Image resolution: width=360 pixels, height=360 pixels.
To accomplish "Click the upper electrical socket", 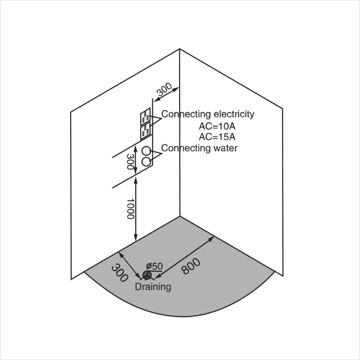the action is [145, 116].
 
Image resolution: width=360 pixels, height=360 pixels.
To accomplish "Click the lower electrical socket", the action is [145, 131].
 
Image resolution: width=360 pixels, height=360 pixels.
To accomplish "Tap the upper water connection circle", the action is [146, 151].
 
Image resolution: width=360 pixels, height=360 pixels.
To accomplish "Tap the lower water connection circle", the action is [146, 161].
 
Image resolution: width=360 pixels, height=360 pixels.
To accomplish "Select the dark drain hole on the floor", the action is [147, 275].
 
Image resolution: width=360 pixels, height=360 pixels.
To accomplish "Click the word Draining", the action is [153, 287].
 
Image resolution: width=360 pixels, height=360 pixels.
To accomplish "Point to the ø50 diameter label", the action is [154, 266].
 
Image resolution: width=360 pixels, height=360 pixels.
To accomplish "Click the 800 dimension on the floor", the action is [190, 266].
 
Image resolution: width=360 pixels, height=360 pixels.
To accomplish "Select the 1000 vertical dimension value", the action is [130, 209].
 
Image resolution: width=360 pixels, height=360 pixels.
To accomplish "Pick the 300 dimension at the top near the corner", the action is [164, 89].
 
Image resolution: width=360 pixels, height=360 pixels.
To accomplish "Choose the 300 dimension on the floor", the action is [120, 273].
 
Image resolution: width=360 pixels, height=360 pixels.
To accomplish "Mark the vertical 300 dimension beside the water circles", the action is [130, 162].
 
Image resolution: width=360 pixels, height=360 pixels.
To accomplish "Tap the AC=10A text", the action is [217, 126].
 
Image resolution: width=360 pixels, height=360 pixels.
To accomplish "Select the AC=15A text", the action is [217, 137].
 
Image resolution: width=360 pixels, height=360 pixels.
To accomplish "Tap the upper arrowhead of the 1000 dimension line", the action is [136, 180].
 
